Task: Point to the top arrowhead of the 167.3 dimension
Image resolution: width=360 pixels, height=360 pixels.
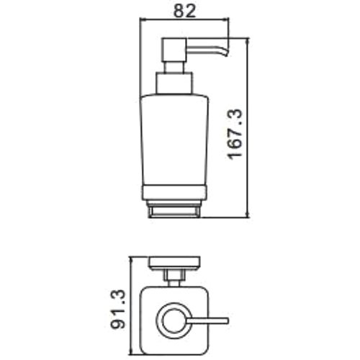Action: [x=249, y=41]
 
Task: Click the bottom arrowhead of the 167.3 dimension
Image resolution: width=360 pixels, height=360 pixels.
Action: [x=249, y=214]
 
